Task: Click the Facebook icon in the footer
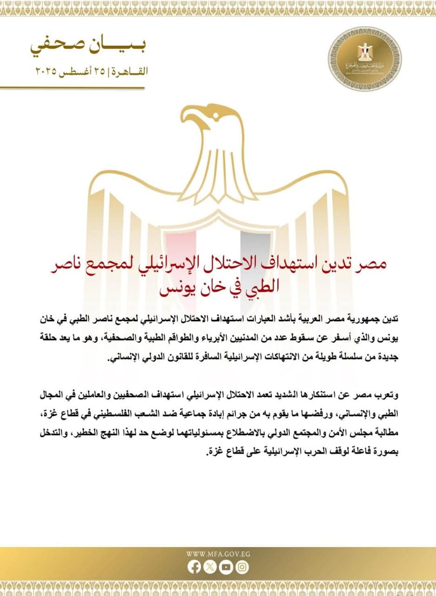(x=195, y=567)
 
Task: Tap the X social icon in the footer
(x=211, y=567)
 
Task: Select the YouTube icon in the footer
(x=226, y=567)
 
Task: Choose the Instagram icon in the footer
(x=242, y=567)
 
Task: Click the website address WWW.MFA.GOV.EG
(x=218, y=554)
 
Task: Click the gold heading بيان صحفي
(x=88, y=47)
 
